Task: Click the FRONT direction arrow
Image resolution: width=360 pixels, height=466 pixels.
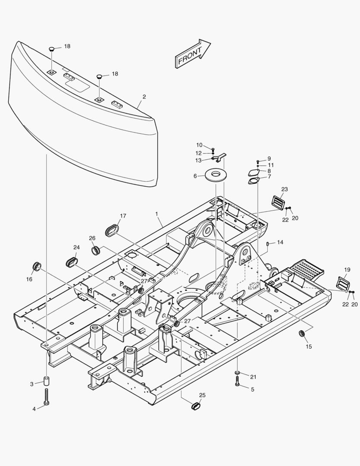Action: tap(192, 54)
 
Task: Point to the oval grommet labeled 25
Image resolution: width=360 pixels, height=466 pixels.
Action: tap(197, 406)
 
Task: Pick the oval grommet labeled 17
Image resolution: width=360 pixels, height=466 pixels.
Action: tap(113, 230)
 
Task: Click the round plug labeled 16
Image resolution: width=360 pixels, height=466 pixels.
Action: tap(38, 266)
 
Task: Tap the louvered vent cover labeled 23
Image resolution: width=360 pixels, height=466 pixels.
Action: tap(277, 202)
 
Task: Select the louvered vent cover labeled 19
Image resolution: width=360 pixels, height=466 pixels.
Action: tap(343, 285)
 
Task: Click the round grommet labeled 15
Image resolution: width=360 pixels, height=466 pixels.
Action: tap(302, 334)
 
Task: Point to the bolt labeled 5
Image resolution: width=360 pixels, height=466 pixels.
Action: tap(238, 382)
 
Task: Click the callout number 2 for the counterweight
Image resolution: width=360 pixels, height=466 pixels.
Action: tap(144, 97)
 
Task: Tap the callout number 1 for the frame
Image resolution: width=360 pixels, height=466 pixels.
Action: tap(157, 214)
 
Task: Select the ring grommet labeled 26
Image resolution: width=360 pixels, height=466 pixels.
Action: tap(95, 250)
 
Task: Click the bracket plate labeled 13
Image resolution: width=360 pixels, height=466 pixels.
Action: tap(220, 159)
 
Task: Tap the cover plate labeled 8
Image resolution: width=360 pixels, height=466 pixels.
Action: tap(254, 172)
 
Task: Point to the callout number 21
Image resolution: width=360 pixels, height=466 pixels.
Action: tap(253, 377)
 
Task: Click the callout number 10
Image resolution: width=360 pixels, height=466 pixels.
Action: tap(199, 145)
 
